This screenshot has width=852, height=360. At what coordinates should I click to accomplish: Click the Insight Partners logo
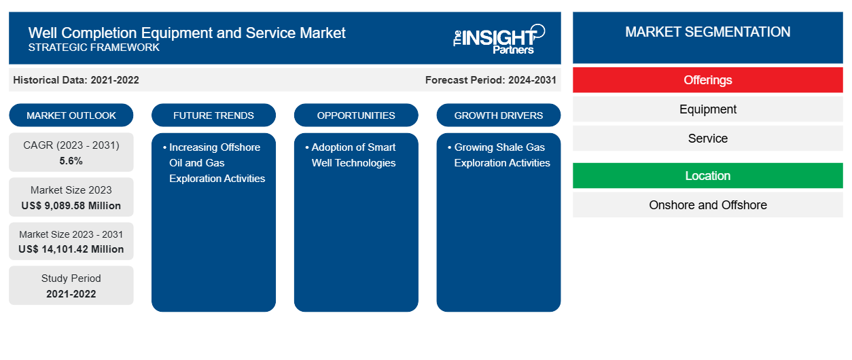tap(499, 39)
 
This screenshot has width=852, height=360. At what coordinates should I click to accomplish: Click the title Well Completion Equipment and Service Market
tap(187, 33)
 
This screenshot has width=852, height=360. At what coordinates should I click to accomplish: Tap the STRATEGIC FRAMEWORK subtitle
tap(94, 48)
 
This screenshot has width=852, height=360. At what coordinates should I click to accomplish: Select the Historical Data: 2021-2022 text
tap(76, 80)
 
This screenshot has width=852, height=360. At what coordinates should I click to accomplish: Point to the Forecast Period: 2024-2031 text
tap(491, 80)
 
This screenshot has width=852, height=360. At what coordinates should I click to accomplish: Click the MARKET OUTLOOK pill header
tap(71, 115)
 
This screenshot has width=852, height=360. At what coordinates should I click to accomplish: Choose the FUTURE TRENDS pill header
tap(213, 115)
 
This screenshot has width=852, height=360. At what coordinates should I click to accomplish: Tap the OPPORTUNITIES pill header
tap(356, 115)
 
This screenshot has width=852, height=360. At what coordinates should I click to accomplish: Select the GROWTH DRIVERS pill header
tap(499, 115)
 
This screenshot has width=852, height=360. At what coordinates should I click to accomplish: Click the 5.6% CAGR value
tap(71, 161)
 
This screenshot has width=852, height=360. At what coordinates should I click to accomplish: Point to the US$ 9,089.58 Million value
tap(71, 206)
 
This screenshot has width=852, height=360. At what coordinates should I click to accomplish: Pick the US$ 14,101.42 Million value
tap(71, 249)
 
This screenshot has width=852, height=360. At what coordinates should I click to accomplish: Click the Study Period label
tap(71, 278)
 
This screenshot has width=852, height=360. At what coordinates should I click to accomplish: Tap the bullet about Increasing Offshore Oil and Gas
tap(214, 163)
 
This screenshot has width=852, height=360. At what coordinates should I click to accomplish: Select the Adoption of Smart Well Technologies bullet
tap(351, 155)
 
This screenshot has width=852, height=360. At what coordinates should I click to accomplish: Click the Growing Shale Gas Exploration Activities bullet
tap(499, 155)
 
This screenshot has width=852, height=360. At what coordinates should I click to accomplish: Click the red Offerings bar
tap(708, 80)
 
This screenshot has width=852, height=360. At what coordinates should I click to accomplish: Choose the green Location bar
tap(708, 176)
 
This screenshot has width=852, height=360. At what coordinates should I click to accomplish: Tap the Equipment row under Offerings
tap(708, 109)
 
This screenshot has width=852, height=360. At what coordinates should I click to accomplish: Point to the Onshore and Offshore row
tap(708, 205)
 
